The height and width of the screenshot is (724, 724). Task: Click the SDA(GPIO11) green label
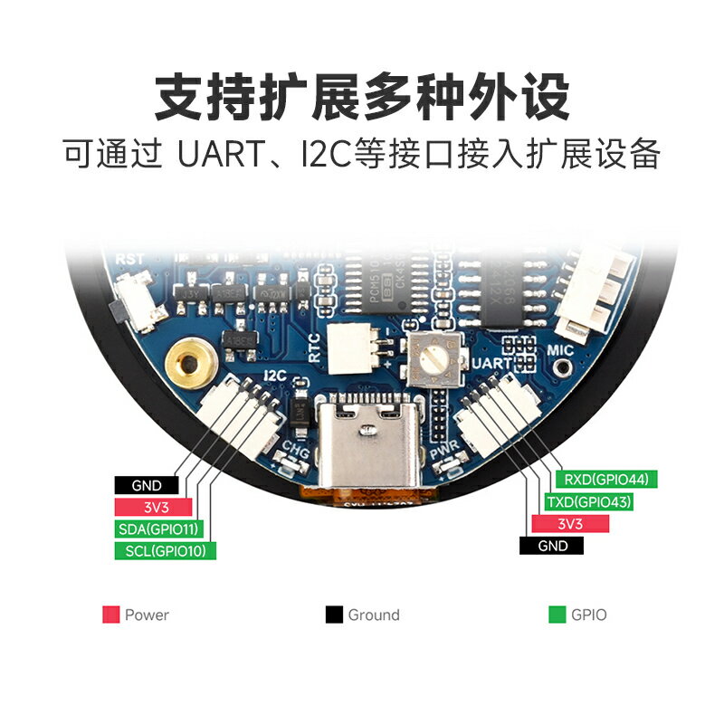(x=158, y=529)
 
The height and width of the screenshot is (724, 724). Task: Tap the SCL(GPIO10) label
(x=165, y=550)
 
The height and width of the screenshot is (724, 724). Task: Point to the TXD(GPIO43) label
(x=588, y=501)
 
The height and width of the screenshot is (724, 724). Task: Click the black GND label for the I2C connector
(x=146, y=486)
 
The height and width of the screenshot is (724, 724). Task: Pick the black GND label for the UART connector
(x=552, y=546)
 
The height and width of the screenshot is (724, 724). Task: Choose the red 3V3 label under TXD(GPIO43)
(x=569, y=524)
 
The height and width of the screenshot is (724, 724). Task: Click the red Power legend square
(x=111, y=615)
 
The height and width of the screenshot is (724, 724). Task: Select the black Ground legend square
(x=334, y=615)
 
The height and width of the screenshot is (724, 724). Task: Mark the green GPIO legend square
(x=557, y=615)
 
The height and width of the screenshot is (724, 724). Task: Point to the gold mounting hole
(x=190, y=363)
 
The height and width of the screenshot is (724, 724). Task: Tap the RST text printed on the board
(x=128, y=260)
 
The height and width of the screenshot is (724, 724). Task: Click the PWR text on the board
(x=443, y=450)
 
